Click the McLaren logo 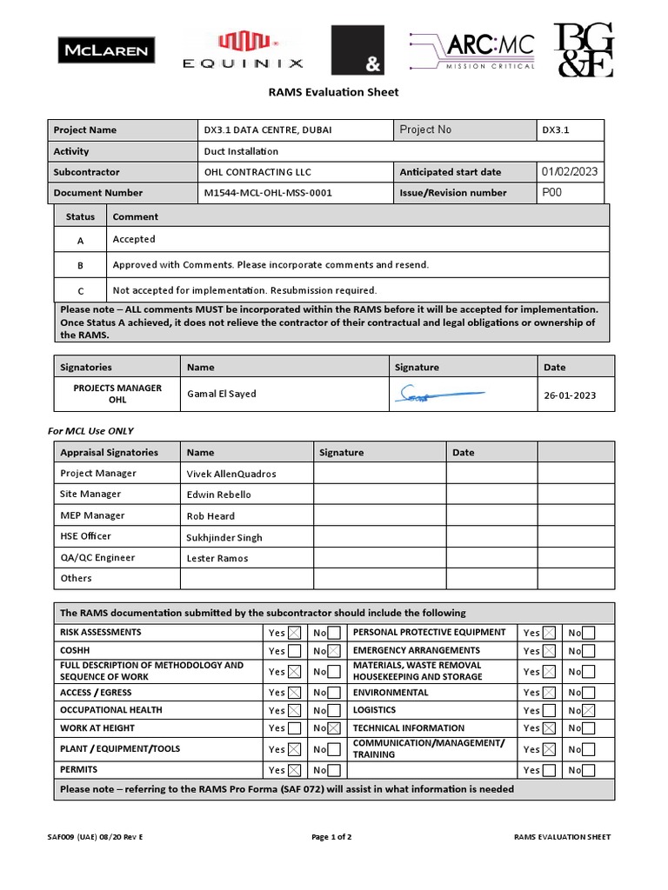coord(106,50)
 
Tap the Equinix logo coord(243,50)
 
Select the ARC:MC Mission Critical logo coord(472,50)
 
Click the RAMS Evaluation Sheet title coord(333,92)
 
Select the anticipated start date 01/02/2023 coord(570,171)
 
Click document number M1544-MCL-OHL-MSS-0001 coord(268,193)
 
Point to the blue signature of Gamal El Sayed coord(438,395)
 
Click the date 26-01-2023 coord(571,395)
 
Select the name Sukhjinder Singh coord(224,537)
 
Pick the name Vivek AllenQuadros coord(231,474)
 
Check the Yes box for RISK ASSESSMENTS coord(295,633)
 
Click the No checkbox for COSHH coord(334,651)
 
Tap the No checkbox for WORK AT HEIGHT coord(334,728)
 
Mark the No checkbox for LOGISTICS coord(589,710)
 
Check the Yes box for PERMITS coord(295,770)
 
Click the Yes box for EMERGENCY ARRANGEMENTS coord(549,651)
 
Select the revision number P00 coord(552,193)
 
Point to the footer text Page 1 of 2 coord(331,837)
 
